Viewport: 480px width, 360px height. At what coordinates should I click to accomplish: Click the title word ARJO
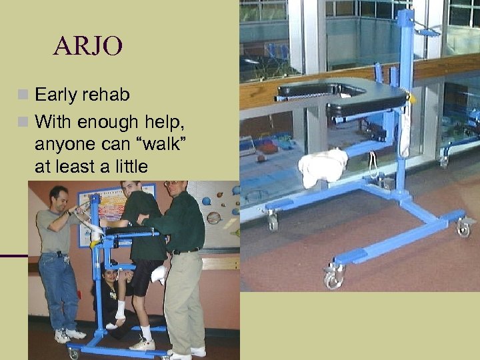[x=89, y=46]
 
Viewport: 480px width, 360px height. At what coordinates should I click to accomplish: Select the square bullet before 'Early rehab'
[x=25, y=95]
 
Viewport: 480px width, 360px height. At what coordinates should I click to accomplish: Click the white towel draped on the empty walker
[x=323, y=167]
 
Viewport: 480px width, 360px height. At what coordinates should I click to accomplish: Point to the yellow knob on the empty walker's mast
[x=412, y=98]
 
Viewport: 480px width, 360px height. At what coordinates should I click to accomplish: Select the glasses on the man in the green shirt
[x=171, y=184]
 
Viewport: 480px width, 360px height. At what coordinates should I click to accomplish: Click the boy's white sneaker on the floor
[x=142, y=344]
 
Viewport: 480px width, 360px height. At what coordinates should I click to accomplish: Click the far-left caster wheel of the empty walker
[x=271, y=221]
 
